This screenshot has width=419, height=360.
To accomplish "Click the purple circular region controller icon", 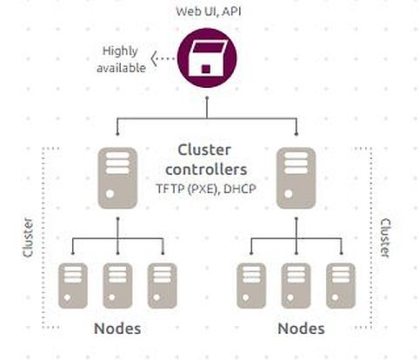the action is pos(207,57).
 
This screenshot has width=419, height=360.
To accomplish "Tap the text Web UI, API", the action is pos(209,11).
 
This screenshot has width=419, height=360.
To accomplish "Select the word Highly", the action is pos(120,51).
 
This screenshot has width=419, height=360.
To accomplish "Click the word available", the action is pos(121,68).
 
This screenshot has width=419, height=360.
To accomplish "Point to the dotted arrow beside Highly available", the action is pos(163,58).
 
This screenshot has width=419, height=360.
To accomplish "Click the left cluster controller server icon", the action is pos(117,178).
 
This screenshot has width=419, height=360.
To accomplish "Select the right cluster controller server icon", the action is pos(296,178).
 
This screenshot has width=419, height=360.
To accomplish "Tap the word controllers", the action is pos(206,170).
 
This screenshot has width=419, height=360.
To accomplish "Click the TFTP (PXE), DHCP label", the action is pos(206,190).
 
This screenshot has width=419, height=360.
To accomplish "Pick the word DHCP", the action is pos(240,189).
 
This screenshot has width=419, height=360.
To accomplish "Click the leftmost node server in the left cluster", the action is pos(73,286).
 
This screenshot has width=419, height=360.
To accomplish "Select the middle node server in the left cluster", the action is pos(117,286).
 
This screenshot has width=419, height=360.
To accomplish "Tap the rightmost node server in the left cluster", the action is pos(163,286).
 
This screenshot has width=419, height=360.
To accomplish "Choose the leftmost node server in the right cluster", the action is pos(251,286).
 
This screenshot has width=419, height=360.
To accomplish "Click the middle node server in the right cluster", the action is pos(296,286).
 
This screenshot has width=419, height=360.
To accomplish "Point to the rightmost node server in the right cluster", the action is pos(341,286).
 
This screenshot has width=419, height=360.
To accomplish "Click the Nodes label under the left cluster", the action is pos(117,329).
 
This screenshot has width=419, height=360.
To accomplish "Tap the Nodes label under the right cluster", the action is pos(301,329).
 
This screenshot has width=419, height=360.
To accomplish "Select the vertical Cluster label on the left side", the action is pos(28,237).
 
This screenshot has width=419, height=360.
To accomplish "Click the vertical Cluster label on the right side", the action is pos(385,238).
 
